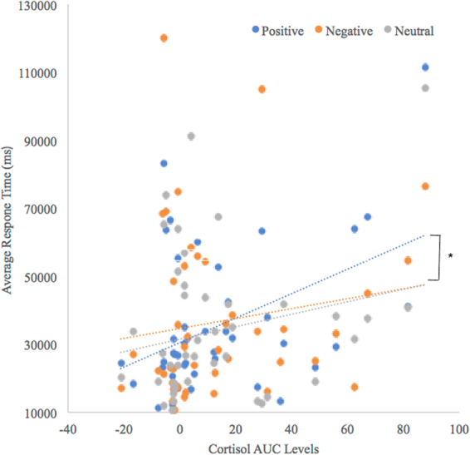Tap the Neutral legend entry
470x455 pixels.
411,31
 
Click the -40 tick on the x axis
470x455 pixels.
69,432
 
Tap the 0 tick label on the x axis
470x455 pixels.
180,432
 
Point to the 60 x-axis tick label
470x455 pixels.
347,432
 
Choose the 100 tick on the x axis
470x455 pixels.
458,432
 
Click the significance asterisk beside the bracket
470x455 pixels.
451,256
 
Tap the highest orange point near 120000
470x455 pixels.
164,38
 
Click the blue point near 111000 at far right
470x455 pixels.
425,67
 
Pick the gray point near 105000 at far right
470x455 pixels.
425,88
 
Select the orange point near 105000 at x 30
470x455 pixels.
262,89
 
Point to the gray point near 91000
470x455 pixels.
191,136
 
